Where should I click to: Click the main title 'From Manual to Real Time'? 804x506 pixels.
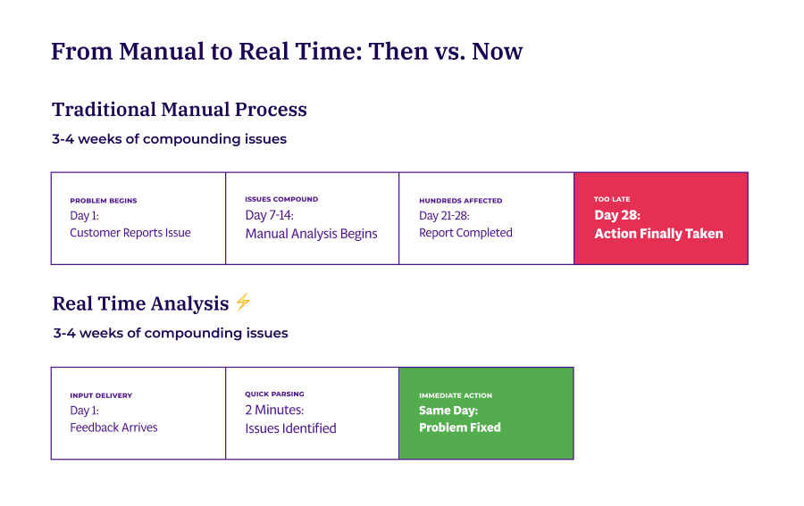(287, 52)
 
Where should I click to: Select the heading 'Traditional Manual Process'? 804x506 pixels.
(179, 110)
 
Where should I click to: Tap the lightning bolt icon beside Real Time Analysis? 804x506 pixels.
(243, 303)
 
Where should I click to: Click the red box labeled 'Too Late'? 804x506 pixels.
(660, 218)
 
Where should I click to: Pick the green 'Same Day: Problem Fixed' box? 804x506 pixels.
(486, 412)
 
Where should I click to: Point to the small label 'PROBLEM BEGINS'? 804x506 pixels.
(104, 201)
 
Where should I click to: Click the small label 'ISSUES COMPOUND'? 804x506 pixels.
(281, 199)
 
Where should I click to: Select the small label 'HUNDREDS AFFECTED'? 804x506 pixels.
(460, 201)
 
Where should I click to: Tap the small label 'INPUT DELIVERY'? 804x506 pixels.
(101, 395)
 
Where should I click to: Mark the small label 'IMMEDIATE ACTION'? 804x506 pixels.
(456, 395)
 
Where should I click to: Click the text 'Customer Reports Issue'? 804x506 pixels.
(130, 233)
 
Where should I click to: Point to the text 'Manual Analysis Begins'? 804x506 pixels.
(311, 234)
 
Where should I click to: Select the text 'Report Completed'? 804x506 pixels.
(465, 233)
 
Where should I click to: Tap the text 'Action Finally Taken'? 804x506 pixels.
(658, 234)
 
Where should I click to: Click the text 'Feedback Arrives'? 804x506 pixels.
(113, 427)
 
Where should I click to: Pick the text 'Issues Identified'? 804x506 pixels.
(290, 428)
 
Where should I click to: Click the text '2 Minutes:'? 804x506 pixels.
(274, 411)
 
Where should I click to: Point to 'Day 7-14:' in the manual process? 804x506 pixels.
(269, 215)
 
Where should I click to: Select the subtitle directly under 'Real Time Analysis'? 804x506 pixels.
(170, 333)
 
